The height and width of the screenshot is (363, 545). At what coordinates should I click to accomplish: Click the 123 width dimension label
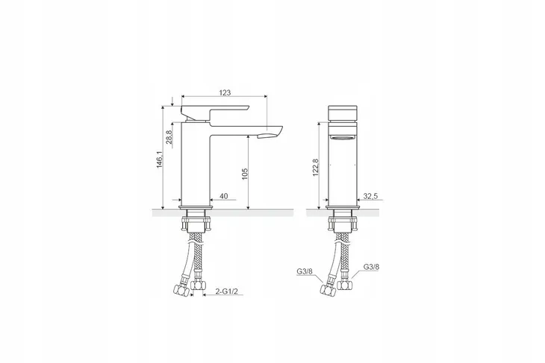[x=225, y=92]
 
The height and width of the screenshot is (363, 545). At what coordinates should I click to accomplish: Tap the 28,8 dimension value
[x=169, y=137]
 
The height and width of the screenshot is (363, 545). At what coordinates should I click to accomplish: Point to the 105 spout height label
[x=245, y=174]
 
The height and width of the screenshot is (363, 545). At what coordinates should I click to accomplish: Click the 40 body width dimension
[x=224, y=197]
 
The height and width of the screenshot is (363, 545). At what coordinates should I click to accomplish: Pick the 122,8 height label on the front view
[x=315, y=168]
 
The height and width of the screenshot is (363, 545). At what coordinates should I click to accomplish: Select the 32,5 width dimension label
[x=370, y=196]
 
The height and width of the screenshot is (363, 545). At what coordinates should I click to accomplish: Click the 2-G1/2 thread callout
[x=227, y=291]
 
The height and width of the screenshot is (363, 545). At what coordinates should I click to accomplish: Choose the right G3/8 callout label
[x=372, y=267]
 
